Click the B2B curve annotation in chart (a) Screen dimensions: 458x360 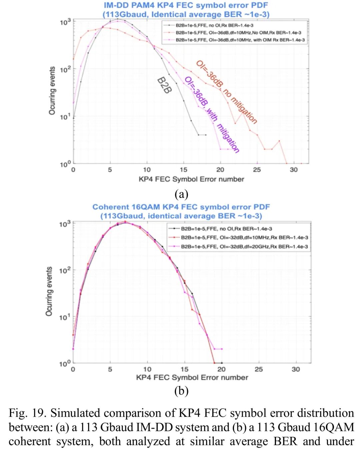tap(164, 85)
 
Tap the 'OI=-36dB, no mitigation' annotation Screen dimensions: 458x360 tap(226, 92)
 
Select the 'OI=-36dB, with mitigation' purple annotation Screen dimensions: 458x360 tap(212, 114)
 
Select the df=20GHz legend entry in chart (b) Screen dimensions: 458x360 tap(244, 247)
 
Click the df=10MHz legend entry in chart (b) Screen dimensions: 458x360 tap(244, 238)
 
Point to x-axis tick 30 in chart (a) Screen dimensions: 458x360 tap(293, 170)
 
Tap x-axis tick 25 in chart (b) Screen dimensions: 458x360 tap(259, 369)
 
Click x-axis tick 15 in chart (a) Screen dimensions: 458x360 tap(183, 170)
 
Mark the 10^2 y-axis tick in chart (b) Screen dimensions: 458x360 tap(65, 271)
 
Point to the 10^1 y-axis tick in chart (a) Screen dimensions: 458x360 tap(65, 117)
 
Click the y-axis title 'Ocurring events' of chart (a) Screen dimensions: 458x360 tap(52, 91)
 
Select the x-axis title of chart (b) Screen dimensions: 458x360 tap(192, 378)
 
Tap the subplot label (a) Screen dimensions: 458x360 tap(181, 194)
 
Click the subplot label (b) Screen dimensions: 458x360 tap(181, 391)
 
